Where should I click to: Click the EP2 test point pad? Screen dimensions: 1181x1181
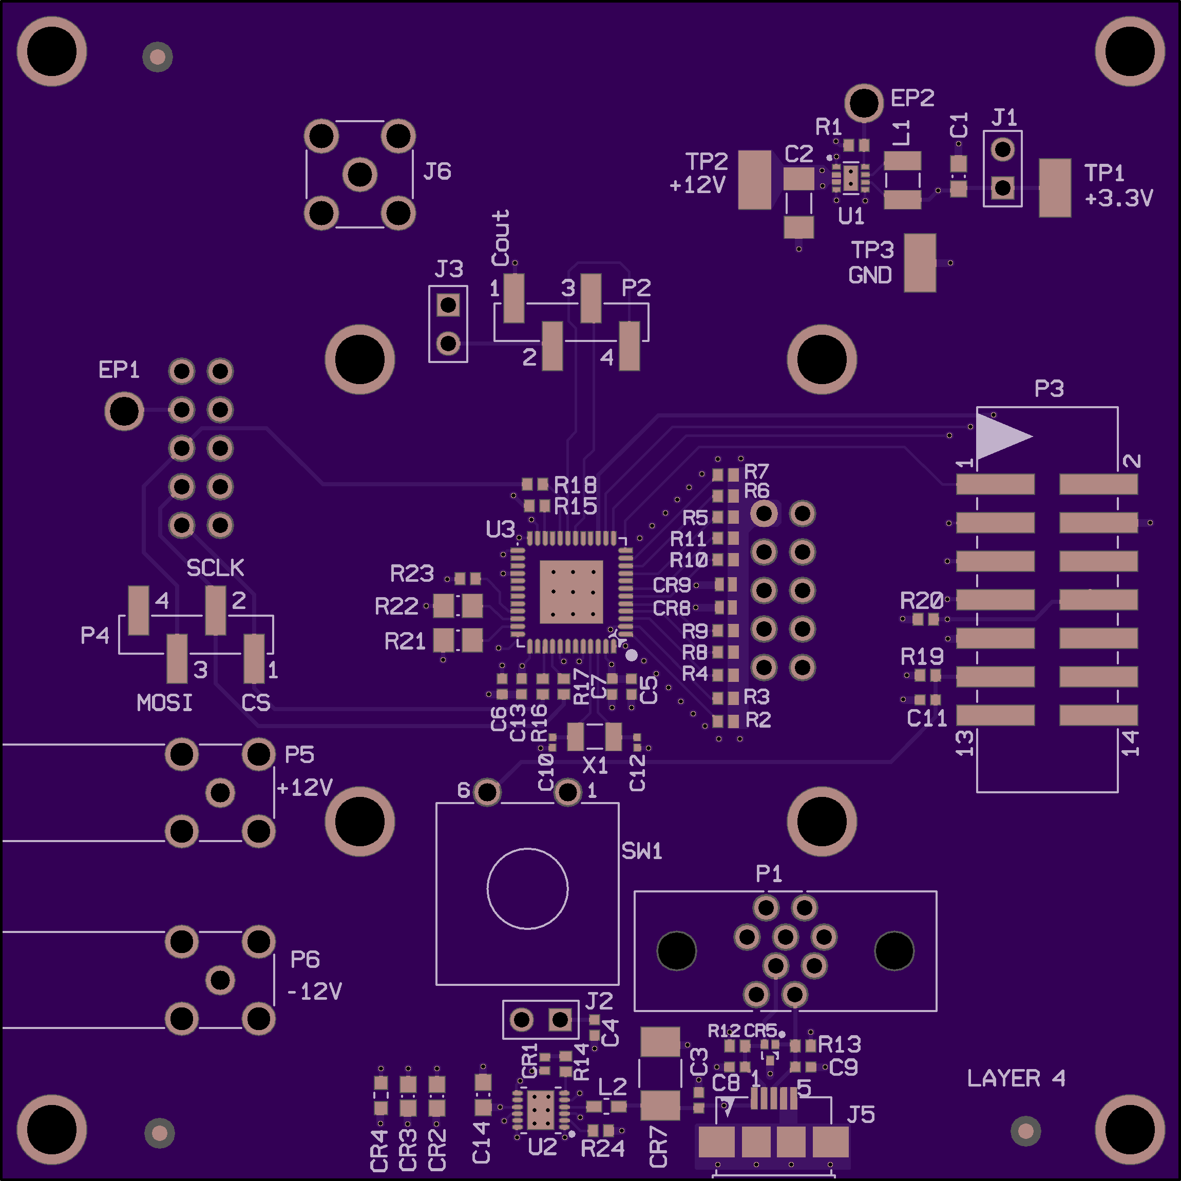coord(863,103)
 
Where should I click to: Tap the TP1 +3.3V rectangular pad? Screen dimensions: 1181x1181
coord(1055,187)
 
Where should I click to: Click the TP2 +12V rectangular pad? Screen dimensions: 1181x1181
coord(754,180)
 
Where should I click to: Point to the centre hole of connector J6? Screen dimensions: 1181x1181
coord(359,175)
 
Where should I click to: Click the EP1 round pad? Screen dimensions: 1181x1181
coord(124,411)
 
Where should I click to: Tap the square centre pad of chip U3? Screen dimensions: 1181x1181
coord(572,591)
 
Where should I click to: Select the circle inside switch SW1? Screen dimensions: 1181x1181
coord(527,888)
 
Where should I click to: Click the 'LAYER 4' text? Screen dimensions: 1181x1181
coord(1016,1078)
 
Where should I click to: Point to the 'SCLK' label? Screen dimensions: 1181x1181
coord(215,568)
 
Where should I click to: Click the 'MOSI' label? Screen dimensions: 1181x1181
coord(164,703)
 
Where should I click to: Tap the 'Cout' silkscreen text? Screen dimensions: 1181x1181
coord(501,238)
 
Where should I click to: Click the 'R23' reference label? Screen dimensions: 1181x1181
coord(411,574)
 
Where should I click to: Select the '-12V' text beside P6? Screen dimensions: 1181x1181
coord(314,991)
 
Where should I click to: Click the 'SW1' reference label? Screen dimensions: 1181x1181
coord(642,851)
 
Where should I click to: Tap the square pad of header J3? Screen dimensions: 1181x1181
coord(448,304)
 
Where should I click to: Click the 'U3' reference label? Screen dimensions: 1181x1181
coord(500,529)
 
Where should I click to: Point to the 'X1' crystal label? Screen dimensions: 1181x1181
coord(595,765)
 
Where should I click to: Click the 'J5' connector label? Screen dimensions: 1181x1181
coord(861,1115)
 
